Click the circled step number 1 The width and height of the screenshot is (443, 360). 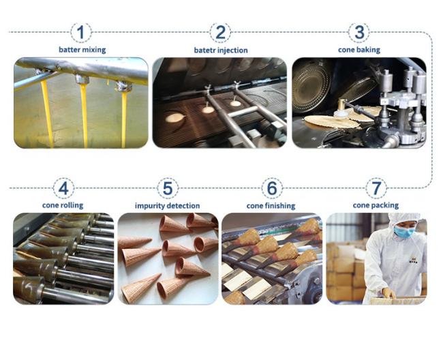[81, 33]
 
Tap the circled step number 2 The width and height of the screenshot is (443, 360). [220, 33]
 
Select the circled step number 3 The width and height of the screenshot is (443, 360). [358, 32]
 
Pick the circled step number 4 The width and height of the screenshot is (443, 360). [63, 188]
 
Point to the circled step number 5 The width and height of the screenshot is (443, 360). [168, 188]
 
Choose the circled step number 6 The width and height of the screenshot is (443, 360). [272, 188]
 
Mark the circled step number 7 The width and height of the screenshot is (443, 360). [376, 188]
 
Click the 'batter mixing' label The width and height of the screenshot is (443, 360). [82, 50]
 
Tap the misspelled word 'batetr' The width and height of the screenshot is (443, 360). [204, 50]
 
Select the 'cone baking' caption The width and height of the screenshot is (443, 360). [359, 50]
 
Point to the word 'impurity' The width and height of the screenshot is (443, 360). [149, 206]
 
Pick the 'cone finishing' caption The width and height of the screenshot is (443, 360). [271, 206]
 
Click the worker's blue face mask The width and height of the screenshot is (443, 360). [404, 231]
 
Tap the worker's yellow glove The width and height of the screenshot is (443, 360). [389, 293]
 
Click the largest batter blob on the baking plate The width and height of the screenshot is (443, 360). [174, 118]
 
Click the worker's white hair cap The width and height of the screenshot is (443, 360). [403, 218]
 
